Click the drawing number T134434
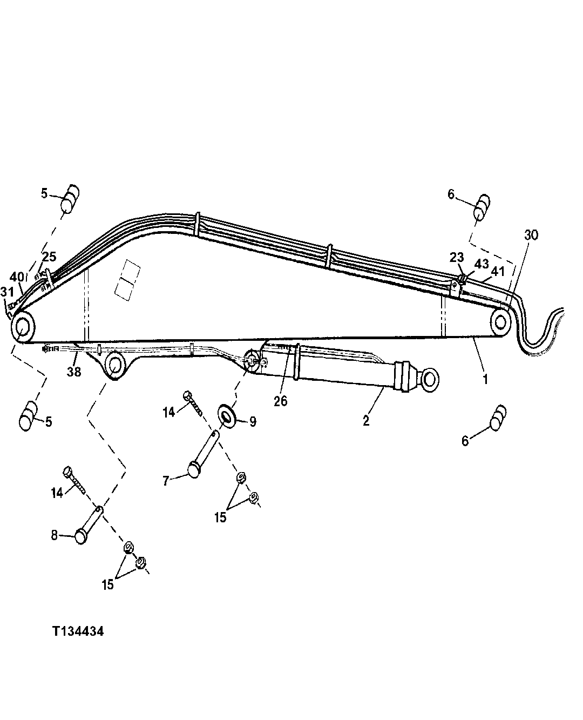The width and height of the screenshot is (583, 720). [78, 631]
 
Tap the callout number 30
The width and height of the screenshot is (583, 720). [531, 235]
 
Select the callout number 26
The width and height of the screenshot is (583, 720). [281, 401]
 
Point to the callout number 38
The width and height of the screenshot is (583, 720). [74, 372]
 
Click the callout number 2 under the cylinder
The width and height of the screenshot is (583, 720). [366, 420]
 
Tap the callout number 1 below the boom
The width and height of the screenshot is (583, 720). [485, 379]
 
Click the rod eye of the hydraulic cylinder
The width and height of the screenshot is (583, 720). [430, 376]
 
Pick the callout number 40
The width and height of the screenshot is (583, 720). [17, 277]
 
